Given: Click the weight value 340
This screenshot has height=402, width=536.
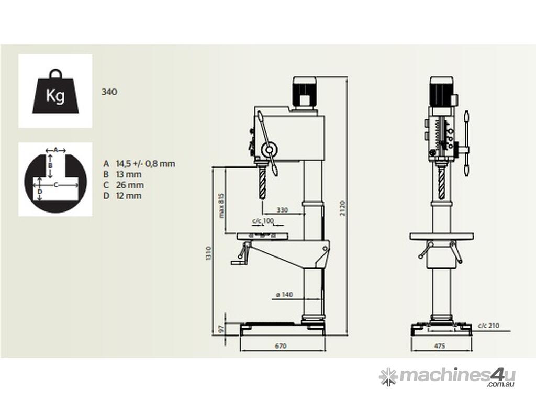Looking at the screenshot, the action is (109, 92).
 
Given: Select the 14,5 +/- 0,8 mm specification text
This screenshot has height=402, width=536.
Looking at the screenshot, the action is (146, 164).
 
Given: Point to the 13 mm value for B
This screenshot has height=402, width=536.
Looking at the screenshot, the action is (129, 174).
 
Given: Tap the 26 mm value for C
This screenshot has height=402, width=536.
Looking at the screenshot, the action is (130, 185).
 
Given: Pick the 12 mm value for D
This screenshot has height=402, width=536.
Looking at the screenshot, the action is (129, 196).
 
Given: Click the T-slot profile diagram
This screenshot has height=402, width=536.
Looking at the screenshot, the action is (55, 180).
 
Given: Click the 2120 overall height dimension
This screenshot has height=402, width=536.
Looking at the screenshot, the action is (342, 208).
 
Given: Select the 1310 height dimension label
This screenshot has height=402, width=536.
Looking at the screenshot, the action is (208, 253).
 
